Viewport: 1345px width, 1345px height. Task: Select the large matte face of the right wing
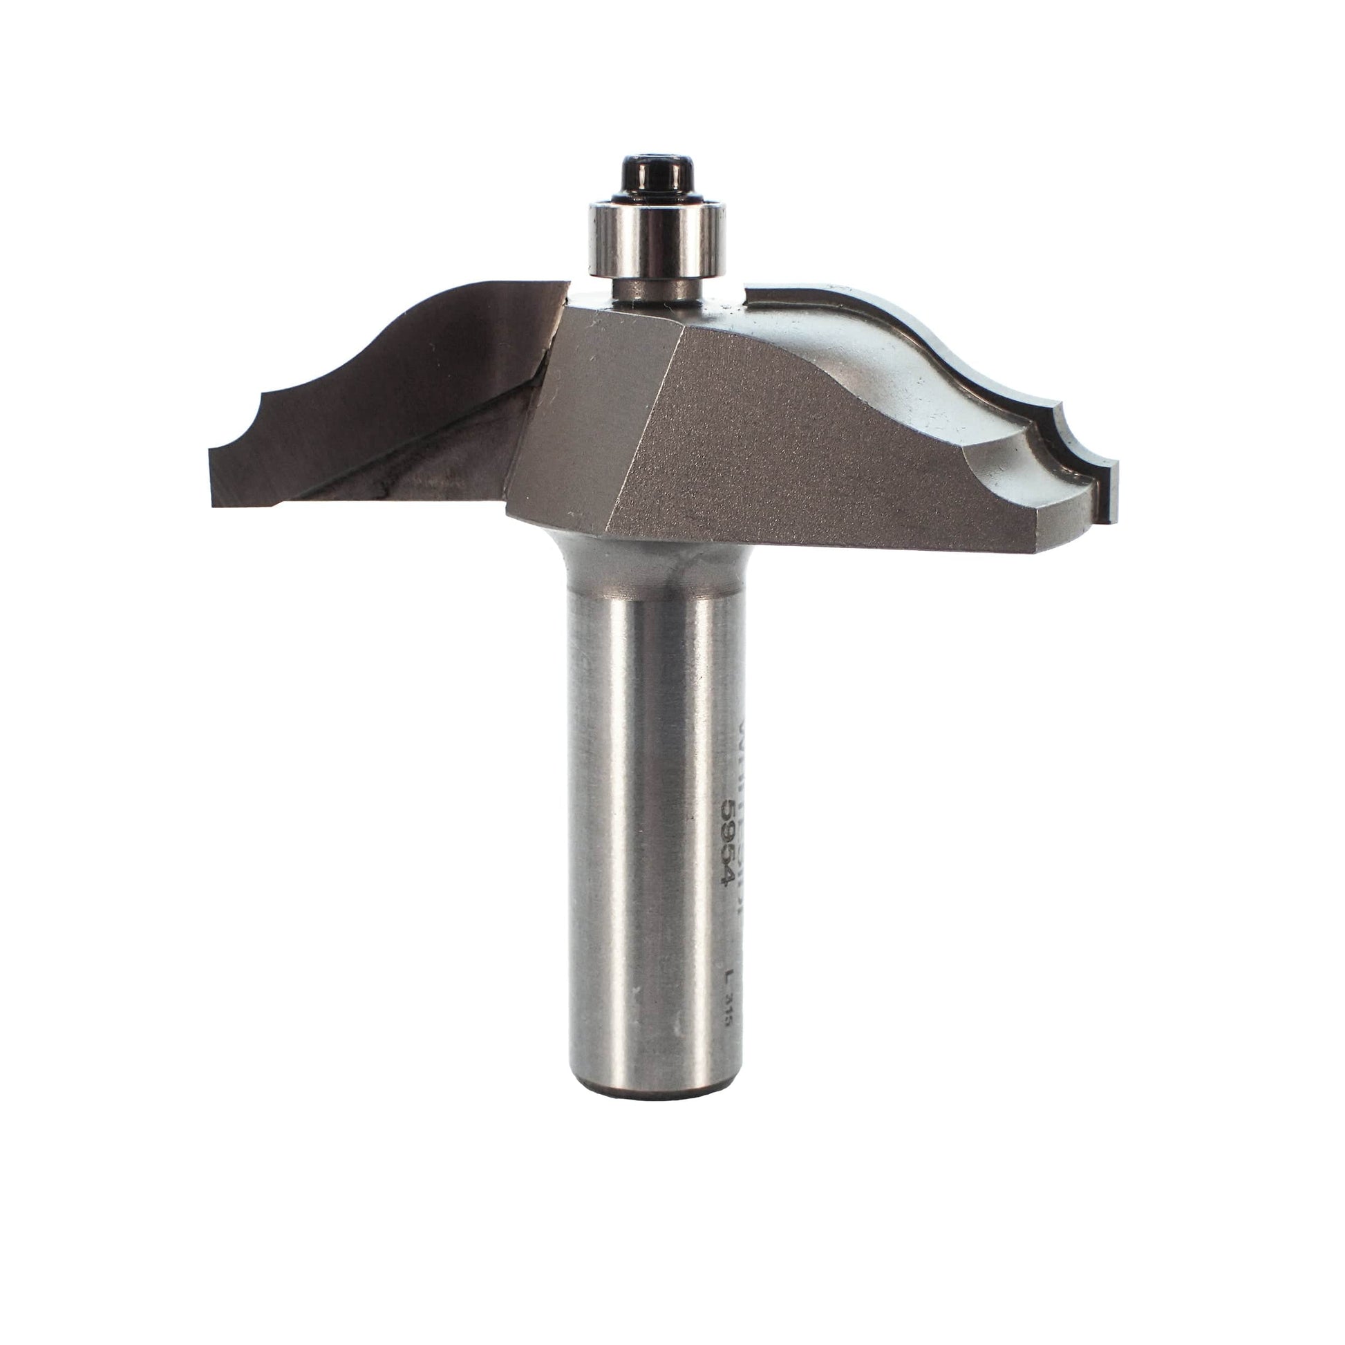click(x=800, y=446)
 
